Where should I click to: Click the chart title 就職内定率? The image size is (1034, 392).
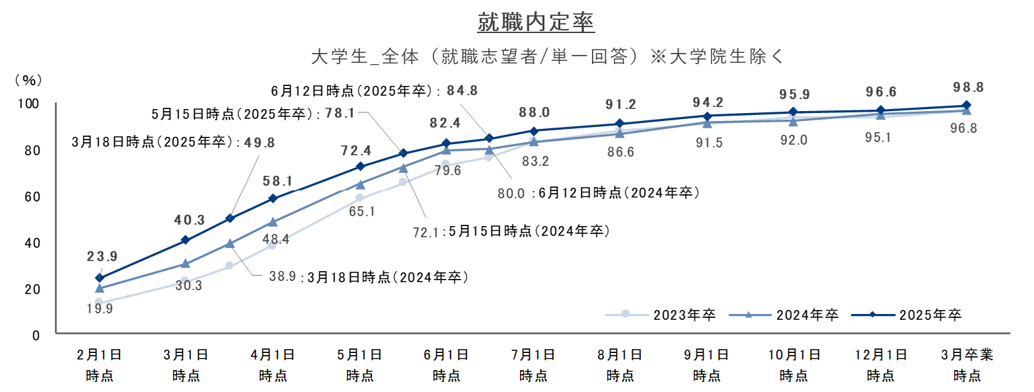pyautogui.click(x=536, y=22)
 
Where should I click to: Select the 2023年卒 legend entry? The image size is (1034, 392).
pyautogui.click(x=661, y=315)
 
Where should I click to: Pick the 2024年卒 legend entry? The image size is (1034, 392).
pyautogui.click(x=784, y=315)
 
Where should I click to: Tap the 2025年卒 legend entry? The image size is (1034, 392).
pyautogui.click(x=906, y=315)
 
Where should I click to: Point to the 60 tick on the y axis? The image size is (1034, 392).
pyautogui.click(x=32, y=197)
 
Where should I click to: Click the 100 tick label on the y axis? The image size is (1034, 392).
pyautogui.click(x=28, y=103)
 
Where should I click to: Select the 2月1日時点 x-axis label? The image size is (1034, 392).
pyautogui.click(x=99, y=365)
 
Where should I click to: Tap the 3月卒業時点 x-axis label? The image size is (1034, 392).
pyautogui.click(x=967, y=365)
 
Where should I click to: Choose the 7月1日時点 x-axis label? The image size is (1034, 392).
pyautogui.click(x=533, y=365)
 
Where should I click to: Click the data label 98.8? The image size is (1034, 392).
pyautogui.click(x=969, y=87)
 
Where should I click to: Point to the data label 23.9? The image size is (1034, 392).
pyautogui.click(x=102, y=256)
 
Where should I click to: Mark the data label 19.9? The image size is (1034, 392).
pyautogui.click(x=100, y=308)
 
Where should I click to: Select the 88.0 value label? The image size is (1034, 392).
pyautogui.click(x=534, y=112)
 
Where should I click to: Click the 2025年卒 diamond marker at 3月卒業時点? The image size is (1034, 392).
pyautogui.click(x=967, y=105)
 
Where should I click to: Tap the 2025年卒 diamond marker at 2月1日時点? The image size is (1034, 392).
pyautogui.click(x=99, y=278)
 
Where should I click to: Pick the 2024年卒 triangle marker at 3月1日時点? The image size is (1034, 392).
pyautogui.click(x=185, y=264)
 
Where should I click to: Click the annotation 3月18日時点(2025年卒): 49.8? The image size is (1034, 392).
pyautogui.click(x=173, y=142)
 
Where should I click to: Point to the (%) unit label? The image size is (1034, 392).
pyautogui.click(x=28, y=81)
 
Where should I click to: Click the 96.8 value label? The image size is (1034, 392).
pyautogui.click(x=964, y=128)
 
